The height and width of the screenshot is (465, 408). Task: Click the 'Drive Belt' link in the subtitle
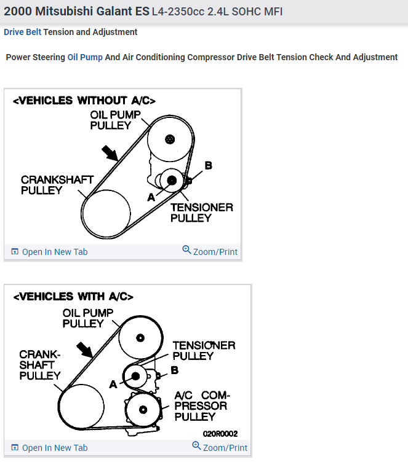coord(22,32)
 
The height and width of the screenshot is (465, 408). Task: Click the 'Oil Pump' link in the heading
coord(85,57)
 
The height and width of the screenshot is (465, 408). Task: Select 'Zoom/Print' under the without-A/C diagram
coord(210,251)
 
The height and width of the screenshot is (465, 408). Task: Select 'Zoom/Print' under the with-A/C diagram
coord(220,447)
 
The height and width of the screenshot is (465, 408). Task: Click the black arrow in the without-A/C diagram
coord(108,152)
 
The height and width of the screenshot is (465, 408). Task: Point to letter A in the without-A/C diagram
coord(151,197)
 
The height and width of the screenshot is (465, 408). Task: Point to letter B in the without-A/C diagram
coord(208,166)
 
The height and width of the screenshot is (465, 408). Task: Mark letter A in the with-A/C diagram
coord(113,384)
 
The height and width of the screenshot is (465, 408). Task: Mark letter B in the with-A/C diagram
coord(175,370)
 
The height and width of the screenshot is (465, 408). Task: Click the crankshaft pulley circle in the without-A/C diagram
coord(106,213)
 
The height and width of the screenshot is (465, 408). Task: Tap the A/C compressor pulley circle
coord(143,410)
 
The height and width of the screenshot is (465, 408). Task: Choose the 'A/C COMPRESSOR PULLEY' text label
coord(201,406)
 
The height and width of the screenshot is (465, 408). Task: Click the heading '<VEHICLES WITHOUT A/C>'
coord(84,101)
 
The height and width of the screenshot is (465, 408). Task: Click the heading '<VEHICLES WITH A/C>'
coord(73,296)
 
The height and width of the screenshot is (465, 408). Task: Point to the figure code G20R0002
coord(220,433)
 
